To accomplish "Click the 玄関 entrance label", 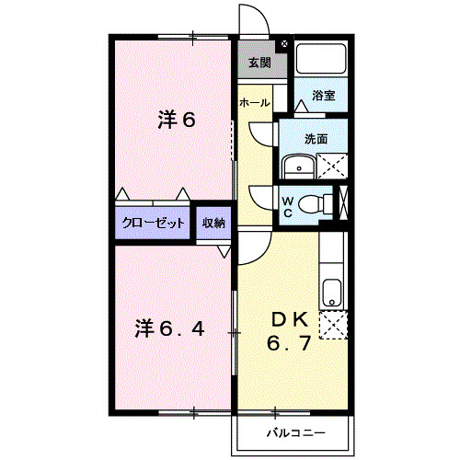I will (259, 63).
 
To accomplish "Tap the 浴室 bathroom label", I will (323, 95).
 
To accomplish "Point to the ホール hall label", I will (255, 103).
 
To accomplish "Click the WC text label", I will (286, 206).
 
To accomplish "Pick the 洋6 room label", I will (177, 120).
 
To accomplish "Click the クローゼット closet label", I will (153, 223).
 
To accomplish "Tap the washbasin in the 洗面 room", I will (298, 167).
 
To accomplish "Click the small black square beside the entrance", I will (283, 43).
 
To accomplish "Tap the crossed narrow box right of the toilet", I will (344, 203).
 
